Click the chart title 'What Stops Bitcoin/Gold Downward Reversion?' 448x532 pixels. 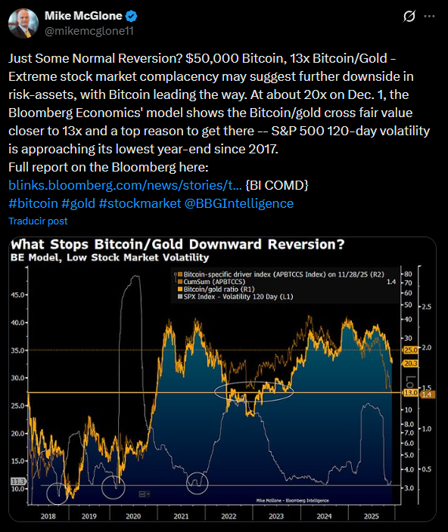click(x=178, y=245)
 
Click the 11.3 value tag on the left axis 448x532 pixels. click(x=17, y=481)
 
